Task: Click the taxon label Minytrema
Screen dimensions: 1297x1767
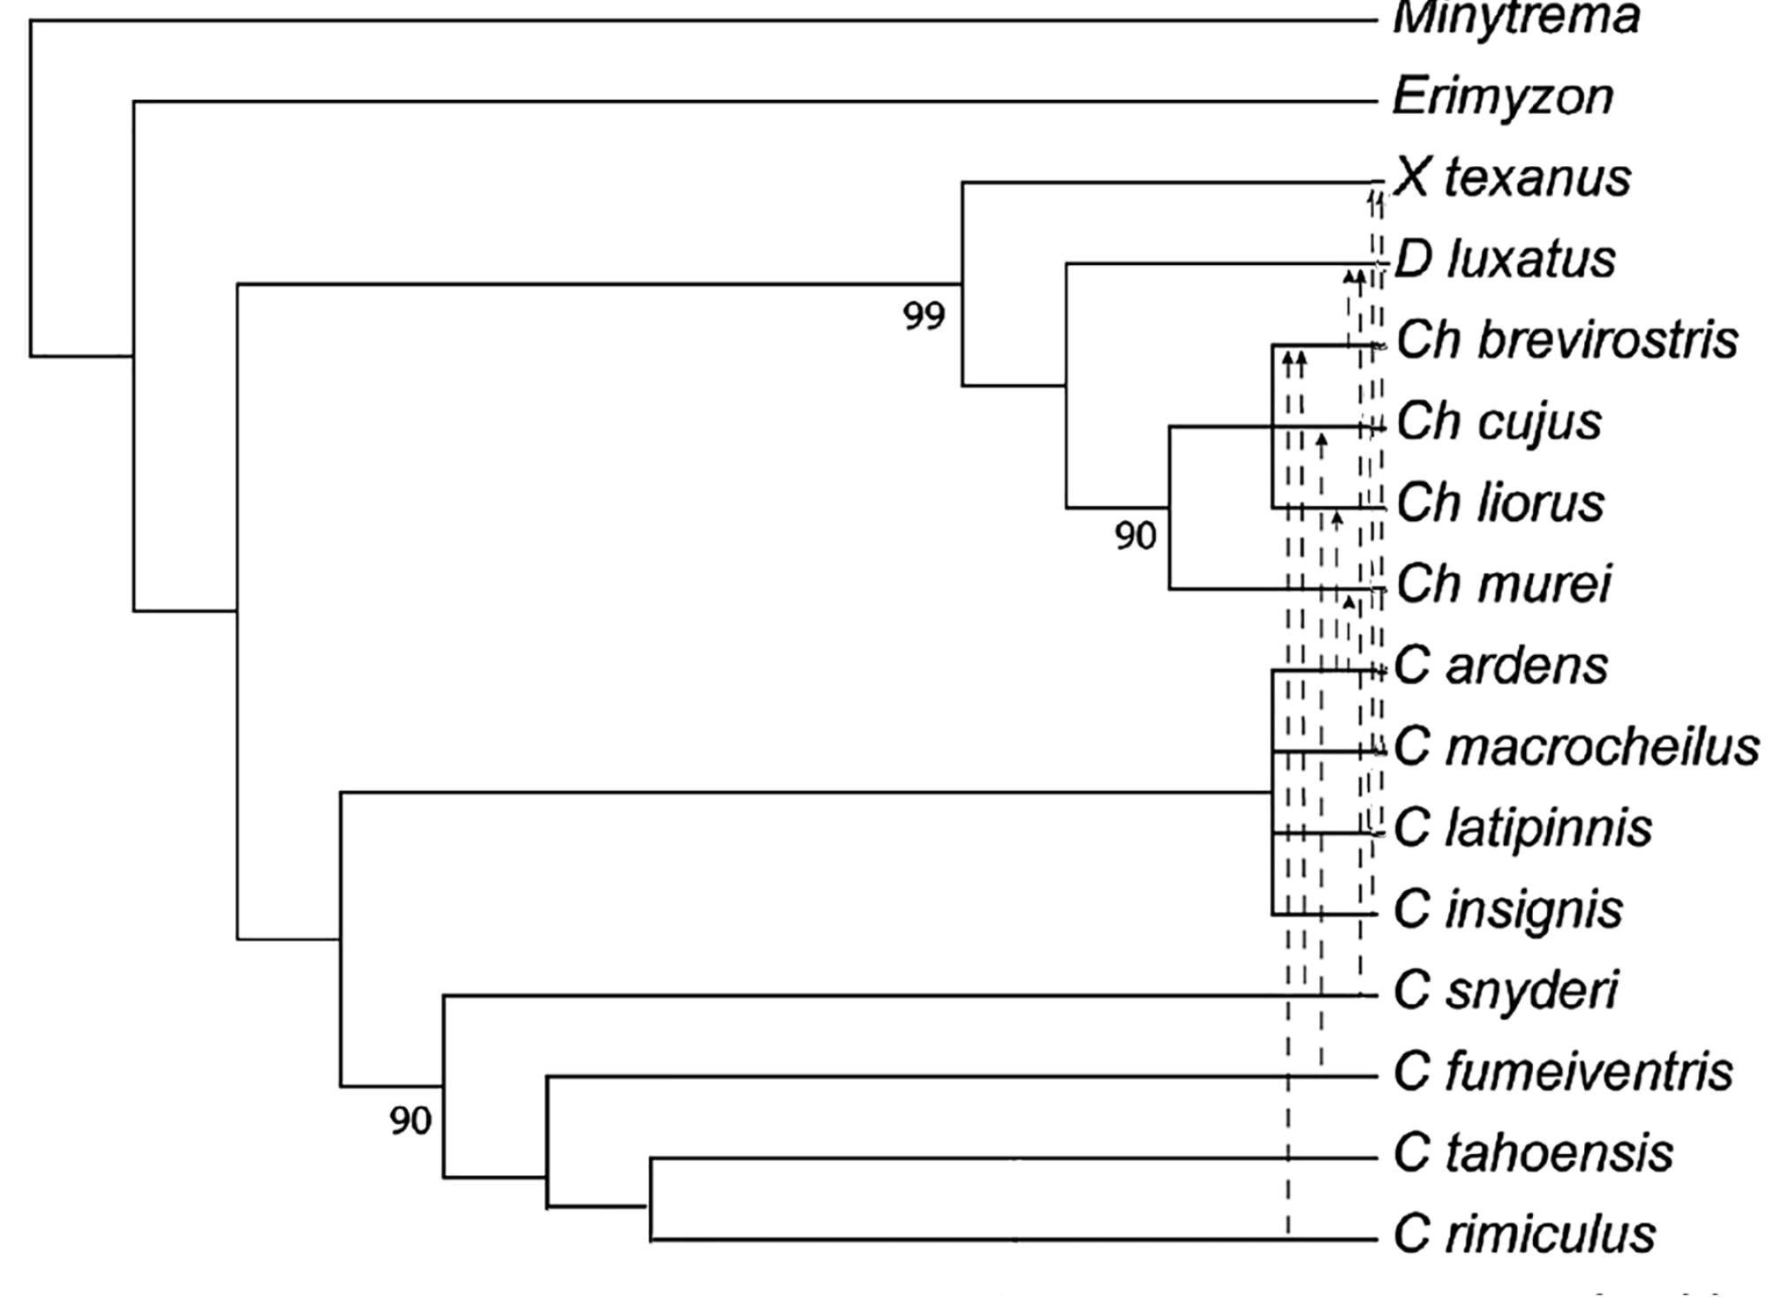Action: pyautogui.click(x=1515, y=18)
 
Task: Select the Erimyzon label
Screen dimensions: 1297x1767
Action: pyautogui.click(x=1502, y=97)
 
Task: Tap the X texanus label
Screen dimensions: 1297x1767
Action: pyautogui.click(x=1512, y=178)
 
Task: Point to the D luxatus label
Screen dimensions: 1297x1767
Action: pyautogui.click(x=1505, y=260)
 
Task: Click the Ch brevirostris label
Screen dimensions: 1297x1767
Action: pyautogui.click(x=1567, y=341)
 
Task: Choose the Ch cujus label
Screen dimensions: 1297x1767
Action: pyautogui.click(x=1499, y=422)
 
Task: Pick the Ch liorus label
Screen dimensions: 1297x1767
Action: pyautogui.click(x=1499, y=503)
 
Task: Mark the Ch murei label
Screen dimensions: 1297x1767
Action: pyautogui.click(x=1503, y=584)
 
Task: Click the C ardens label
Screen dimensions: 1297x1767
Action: pyautogui.click(x=1500, y=666)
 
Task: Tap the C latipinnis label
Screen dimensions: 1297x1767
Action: pyautogui.click(x=1522, y=828)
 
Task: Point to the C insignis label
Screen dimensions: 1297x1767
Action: pyautogui.click(x=1507, y=909)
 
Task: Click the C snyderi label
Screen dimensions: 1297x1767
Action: pyautogui.click(x=1506, y=991)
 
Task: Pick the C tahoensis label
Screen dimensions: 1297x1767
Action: pyautogui.click(x=1533, y=1153)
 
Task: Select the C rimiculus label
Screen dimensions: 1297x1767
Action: pyautogui.click(x=1524, y=1234)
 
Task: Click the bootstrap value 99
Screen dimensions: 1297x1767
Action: pyautogui.click(x=924, y=316)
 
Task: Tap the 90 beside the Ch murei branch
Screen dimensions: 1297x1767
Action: pyautogui.click(x=1135, y=536)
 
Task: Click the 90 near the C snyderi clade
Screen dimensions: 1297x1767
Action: pyautogui.click(x=410, y=1121)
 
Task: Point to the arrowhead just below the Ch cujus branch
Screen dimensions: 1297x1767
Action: pyautogui.click(x=1321, y=441)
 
